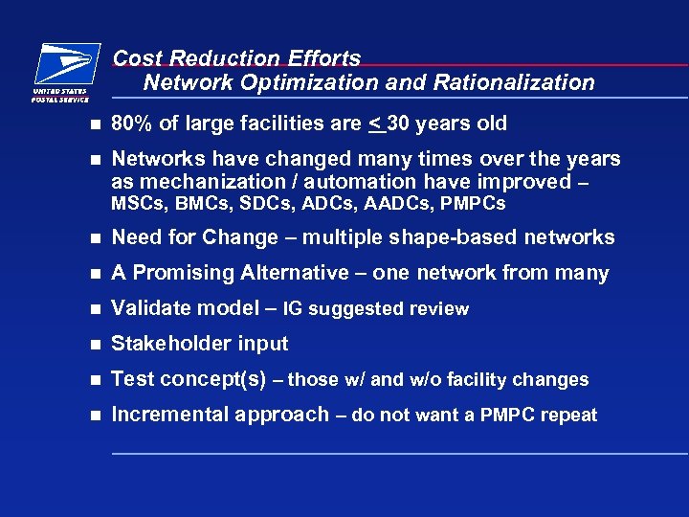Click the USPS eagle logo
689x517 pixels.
pyautogui.click(x=65, y=65)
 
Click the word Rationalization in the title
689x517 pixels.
pyautogui.click(x=514, y=83)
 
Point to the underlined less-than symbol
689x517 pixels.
pyautogui.click(x=374, y=124)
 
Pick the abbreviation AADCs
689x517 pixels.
pyautogui.click(x=409, y=204)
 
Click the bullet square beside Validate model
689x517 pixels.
pyautogui.click(x=93, y=309)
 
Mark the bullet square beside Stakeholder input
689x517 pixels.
pyautogui.click(x=93, y=345)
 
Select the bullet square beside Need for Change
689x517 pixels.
pyautogui.click(x=93, y=238)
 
